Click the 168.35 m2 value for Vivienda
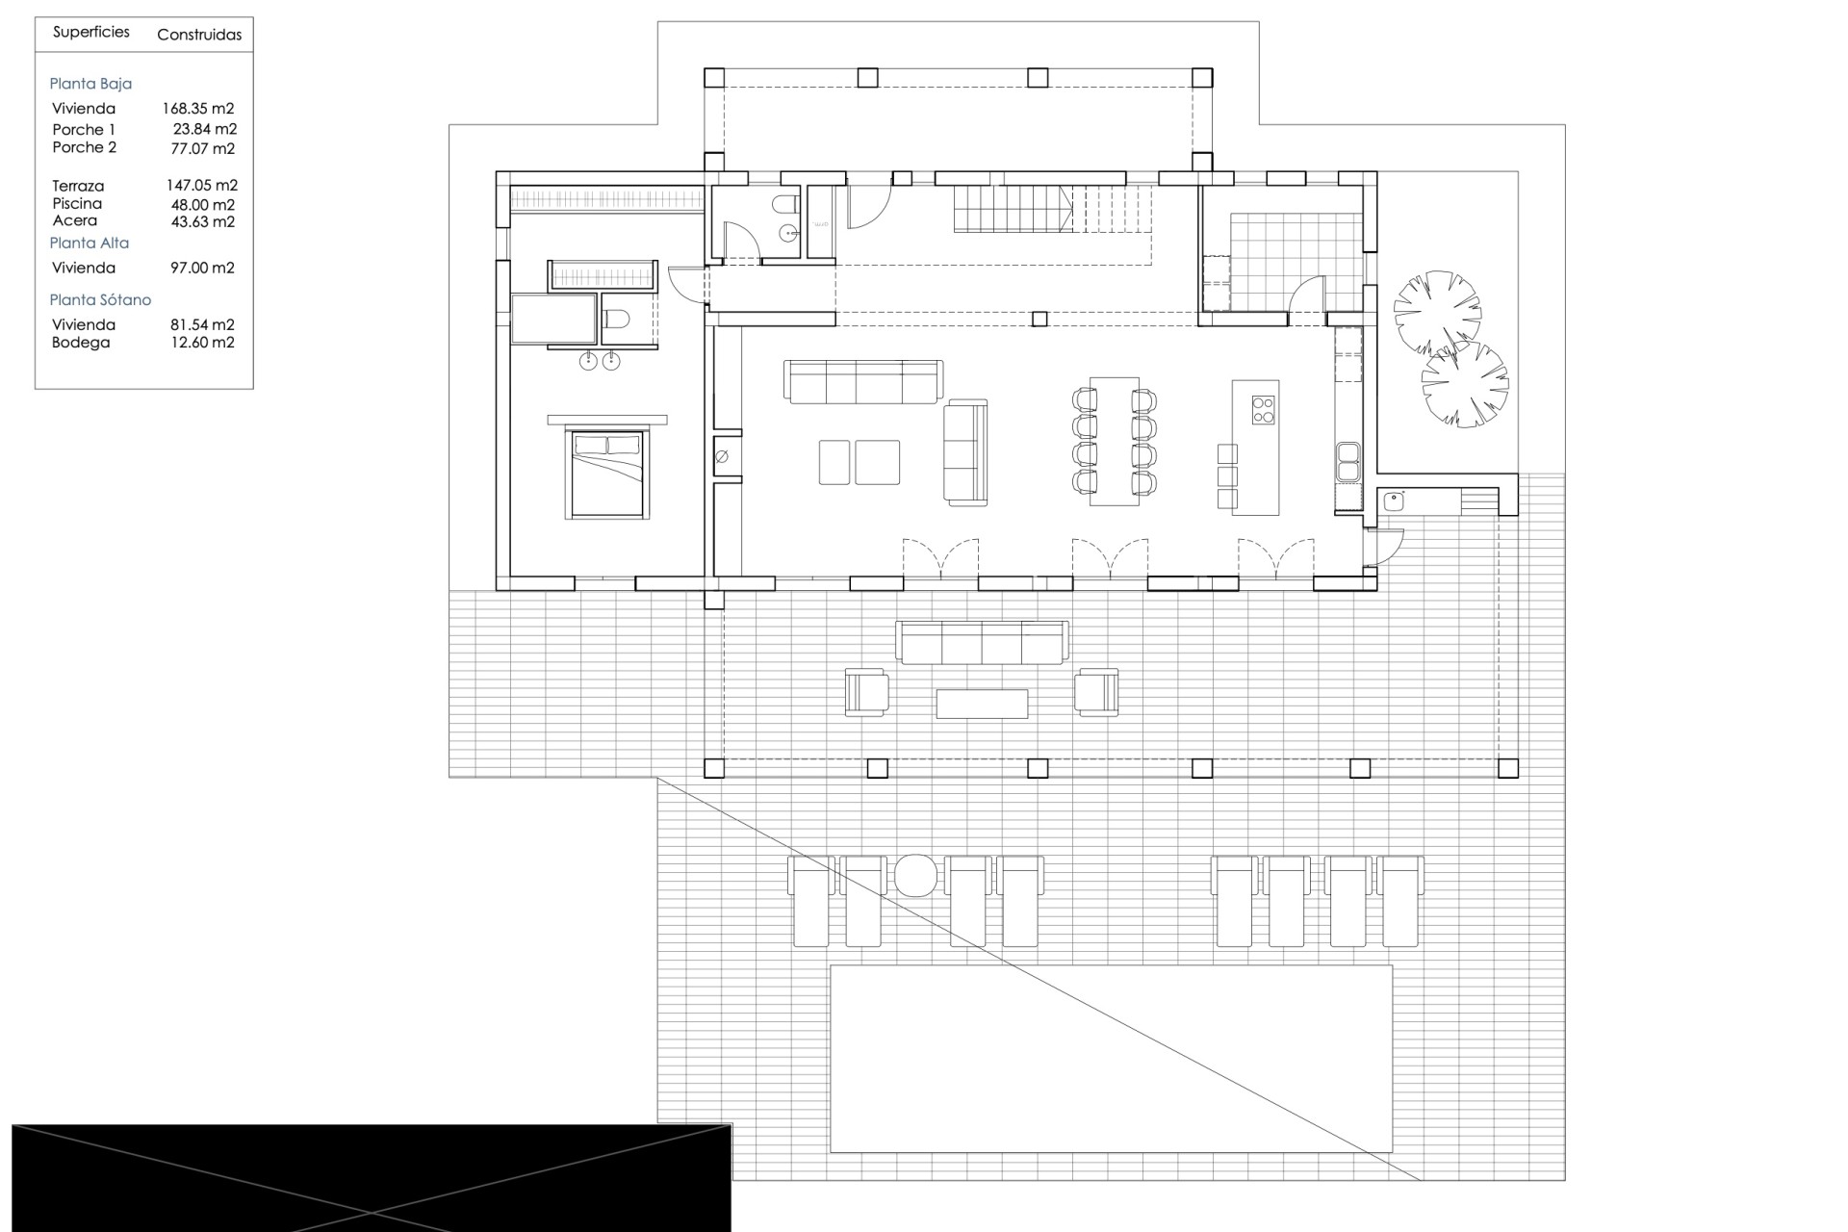coord(198,109)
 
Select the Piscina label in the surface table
coord(77,204)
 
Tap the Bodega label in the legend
coord(81,343)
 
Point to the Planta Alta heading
coord(90,244)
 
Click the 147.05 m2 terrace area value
coord(201,186)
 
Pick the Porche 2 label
coord(85,147)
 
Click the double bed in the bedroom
coord(607,473)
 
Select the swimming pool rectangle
coord(1111,1059)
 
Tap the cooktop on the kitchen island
coord(1263,410)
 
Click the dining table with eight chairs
coord(1115,441)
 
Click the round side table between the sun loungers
coord(915,876)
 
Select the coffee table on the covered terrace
coord(982,703)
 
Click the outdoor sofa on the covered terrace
coord(982,642)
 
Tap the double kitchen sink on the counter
coord(1347,462)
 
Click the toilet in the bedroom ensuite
coord(617,318)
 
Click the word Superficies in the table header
coord(91,33)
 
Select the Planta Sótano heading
coord(100,300)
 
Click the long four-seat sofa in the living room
coord(863,382)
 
